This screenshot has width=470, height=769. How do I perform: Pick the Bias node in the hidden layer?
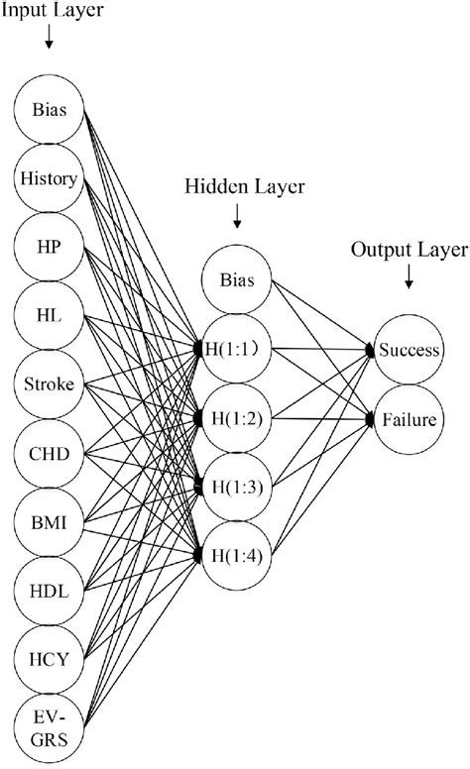(x=237, y=280)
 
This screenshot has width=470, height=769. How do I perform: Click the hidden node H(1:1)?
(x=237, y=349)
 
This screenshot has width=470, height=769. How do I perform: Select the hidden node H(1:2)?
(x=237, y=418)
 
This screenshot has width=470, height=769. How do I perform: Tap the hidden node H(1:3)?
(x=237, y=487)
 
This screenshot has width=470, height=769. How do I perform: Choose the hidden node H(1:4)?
(x=237, y=555)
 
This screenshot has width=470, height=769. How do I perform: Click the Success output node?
(x=407, y=350)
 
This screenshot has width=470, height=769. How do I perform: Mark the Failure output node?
(x=407, y=419)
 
